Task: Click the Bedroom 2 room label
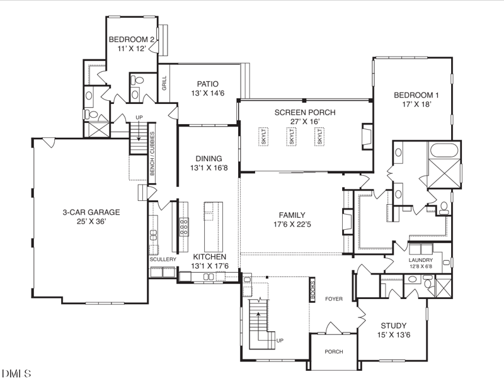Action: pos(132,40)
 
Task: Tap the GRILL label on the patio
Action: pos(164,83)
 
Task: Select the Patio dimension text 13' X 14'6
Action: pos(207,93)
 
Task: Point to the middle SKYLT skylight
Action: pos(292,137)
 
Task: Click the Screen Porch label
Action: pos(305,113)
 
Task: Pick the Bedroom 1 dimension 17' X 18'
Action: pos(416,104)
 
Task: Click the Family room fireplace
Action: pos(347,222)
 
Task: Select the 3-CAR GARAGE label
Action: pos(91,212)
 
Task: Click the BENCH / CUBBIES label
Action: pos(152,154)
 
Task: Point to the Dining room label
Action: pos(209,159)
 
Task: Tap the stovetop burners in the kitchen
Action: pos(184,227)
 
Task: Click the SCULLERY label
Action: pos(163,259)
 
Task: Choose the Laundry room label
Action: pos(420,260)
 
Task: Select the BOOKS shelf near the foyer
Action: pos(312,290)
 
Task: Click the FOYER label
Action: pos(334,299)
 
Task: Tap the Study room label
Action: pos(393,326)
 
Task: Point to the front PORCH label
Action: pos(334,352)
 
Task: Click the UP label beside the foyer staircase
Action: pos(280,341)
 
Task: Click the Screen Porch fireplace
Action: pos(367,136)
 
